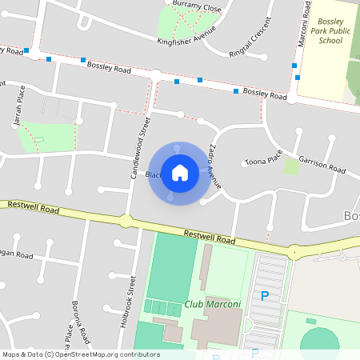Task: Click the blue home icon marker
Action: point(180,173)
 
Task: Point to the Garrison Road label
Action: point(322,165)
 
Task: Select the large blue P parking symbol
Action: point(265,296)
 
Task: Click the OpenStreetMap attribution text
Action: point(80,354)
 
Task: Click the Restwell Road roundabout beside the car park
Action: point(295,252)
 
